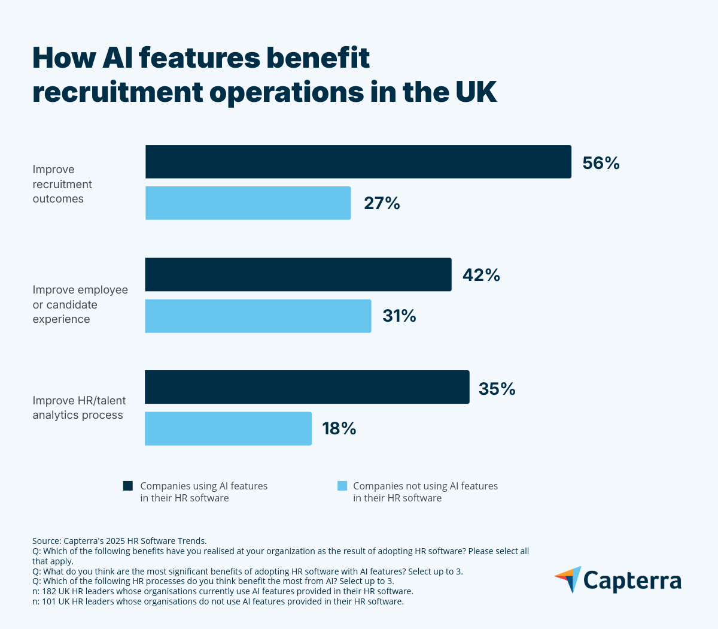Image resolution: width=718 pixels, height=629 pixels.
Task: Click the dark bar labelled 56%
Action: [x=358, y=162]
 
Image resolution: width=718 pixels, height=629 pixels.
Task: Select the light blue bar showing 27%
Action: [x=248, y=203]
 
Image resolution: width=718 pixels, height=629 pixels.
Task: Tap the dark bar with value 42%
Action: [x=298, y=274]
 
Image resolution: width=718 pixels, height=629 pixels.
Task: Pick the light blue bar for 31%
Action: [x=258, y=316]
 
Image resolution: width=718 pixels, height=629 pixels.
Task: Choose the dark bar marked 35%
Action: [x=307, y=387]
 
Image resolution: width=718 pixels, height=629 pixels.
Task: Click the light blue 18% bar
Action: [x=228, y=428]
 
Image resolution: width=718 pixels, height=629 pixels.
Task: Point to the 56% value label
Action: [x=601, y=163]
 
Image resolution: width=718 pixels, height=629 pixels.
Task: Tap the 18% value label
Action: [x=339, y=428]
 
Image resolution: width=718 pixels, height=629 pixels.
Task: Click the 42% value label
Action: [x=481, y=275]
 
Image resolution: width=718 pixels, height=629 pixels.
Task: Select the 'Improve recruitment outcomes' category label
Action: [x=62, y=184]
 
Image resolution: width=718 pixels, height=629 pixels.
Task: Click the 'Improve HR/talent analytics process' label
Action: [x=79, y=407]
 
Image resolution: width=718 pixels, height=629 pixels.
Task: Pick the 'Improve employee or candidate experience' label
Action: [x=80, y=304]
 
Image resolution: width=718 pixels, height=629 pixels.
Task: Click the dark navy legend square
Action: [x=128, y=486]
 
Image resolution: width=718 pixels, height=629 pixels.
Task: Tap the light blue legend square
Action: [x=342, y=486]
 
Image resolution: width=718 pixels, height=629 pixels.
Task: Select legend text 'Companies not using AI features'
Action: [x=425, y=486]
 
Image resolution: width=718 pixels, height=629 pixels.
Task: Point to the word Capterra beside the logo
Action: [x=632, y=580]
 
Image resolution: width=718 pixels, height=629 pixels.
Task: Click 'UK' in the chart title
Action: [x=476, y=92]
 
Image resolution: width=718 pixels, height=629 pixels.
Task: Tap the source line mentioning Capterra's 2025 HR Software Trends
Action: [x=120, y=540]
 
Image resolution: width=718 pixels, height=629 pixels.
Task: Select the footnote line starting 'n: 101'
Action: [x=218, y=601]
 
